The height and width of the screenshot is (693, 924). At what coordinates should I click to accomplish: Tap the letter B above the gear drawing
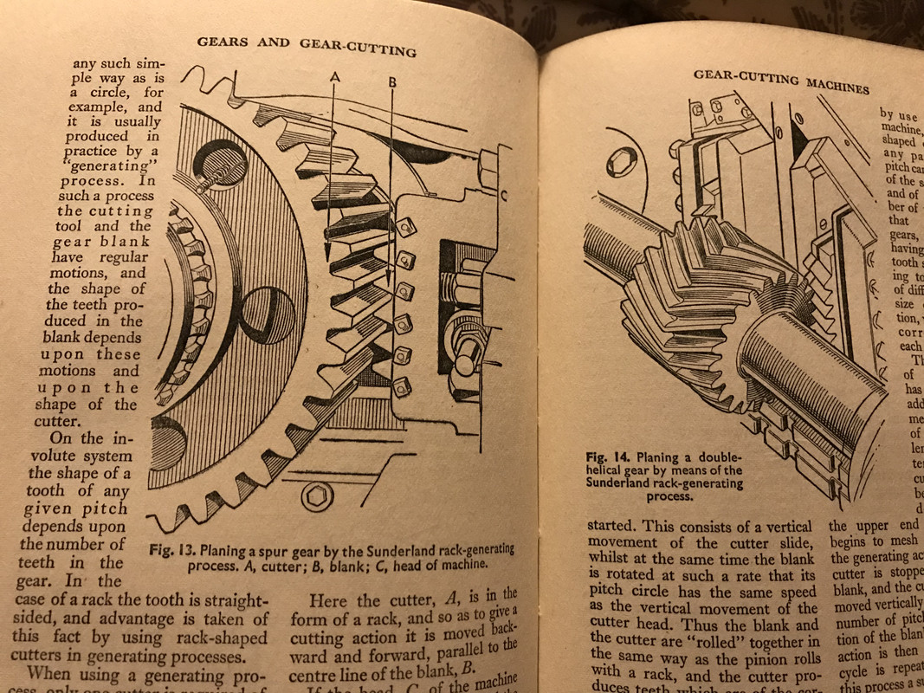[392, 81]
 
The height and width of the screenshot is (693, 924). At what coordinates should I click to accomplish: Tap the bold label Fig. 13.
[173, 548]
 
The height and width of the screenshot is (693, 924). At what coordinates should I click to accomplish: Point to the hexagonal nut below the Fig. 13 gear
[315, 497]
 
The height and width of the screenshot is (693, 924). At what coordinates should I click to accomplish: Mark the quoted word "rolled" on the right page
[719, 641]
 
